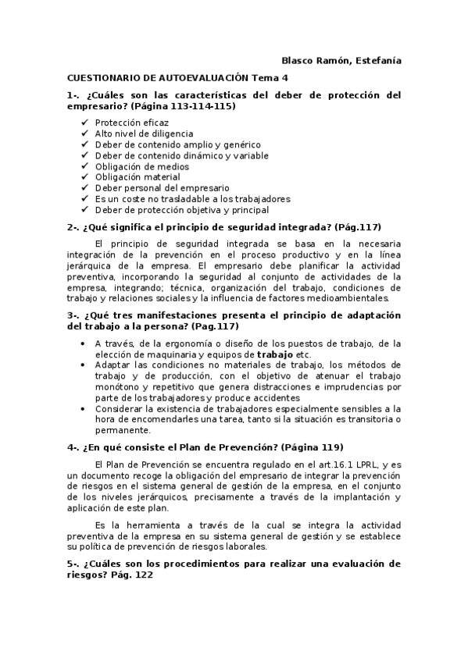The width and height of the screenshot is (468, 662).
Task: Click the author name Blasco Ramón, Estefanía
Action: click(x=341, y=61)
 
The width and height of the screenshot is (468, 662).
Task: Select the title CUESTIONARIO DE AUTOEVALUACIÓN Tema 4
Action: click(x=177, y=78)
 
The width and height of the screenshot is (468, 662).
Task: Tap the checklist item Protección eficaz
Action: click(x=131, y=123)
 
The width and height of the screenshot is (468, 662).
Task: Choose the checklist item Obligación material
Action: click(x=138, y=177)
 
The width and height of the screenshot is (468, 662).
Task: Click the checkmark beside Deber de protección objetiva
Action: click(x=84, y=210)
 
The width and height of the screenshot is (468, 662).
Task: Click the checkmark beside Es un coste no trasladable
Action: click(x=84, y=199)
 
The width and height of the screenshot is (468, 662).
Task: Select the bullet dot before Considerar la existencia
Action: click(x=84, y=408)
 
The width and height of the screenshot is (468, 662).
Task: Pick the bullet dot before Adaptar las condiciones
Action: click(x=84, y=365)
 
